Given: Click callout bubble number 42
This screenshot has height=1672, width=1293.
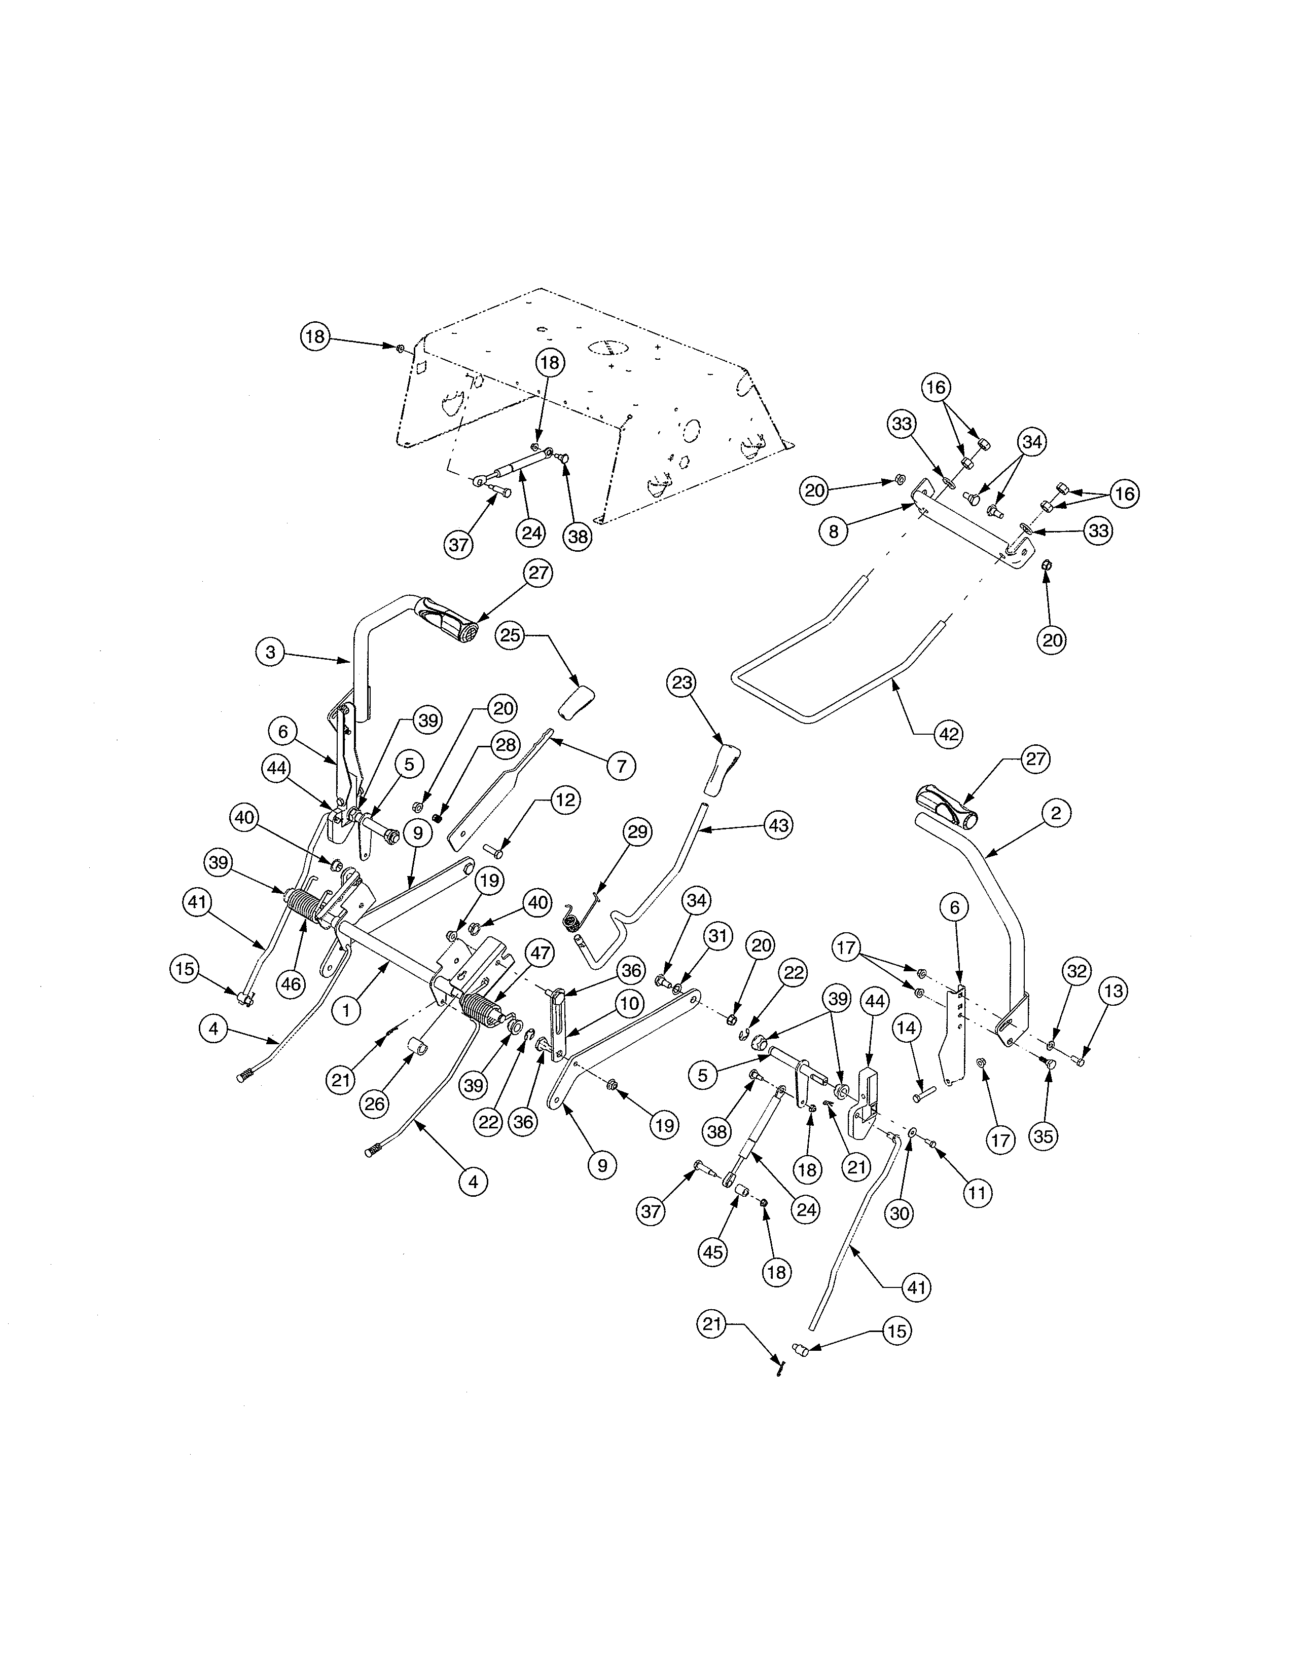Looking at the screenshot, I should (x=948, y=734).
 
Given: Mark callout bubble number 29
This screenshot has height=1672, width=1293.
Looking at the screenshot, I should (x=638, y=831).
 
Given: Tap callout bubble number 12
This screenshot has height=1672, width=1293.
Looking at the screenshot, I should (x=565, y=800).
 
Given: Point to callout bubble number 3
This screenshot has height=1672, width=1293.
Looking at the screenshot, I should (x=270, y=652).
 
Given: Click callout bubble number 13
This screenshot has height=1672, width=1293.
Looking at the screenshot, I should (x=1113, y=992).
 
